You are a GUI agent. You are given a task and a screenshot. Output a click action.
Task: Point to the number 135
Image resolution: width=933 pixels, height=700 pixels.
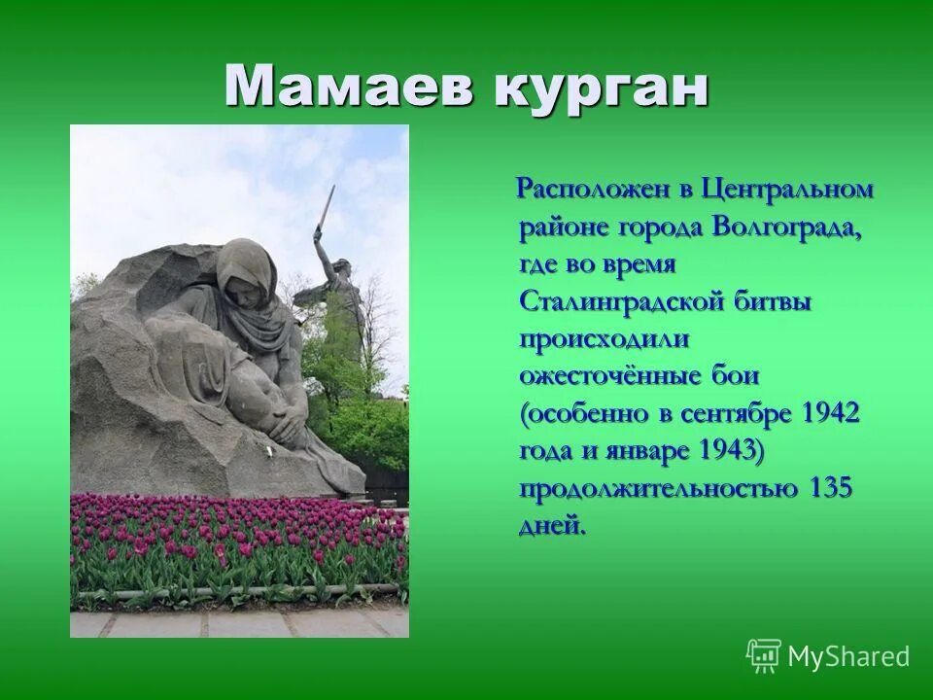pos(830,488)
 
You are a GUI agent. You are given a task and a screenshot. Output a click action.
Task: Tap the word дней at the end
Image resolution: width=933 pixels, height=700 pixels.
pos(553,526)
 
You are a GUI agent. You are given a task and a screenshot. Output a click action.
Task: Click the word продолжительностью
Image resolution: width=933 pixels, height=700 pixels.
pos(659,488)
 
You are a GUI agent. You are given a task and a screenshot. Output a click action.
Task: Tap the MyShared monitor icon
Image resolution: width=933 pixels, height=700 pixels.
pos(764,656)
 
